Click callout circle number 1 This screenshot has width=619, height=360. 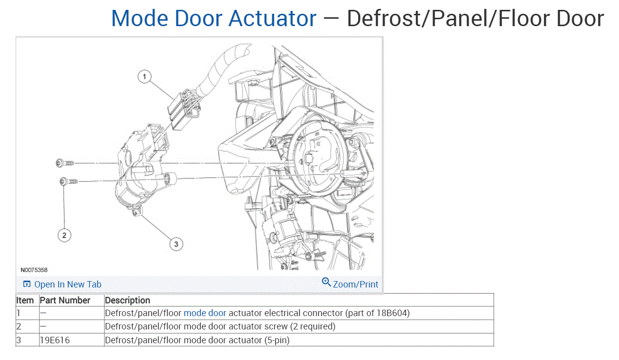144,76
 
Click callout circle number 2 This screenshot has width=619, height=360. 64,235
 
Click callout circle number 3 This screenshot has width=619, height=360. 176,243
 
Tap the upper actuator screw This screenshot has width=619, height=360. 65,163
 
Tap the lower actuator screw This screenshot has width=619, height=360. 69,182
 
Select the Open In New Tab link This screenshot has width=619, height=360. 68,285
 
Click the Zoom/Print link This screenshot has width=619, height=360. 355,285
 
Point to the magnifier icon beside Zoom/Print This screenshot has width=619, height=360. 326,282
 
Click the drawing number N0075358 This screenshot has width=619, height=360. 34,270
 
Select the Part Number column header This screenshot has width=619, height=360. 65,300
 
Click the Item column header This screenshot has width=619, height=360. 25,300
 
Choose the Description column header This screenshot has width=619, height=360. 128,300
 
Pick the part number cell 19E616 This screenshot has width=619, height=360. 55,340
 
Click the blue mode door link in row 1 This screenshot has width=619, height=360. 205,313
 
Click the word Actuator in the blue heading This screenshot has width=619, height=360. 273,19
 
